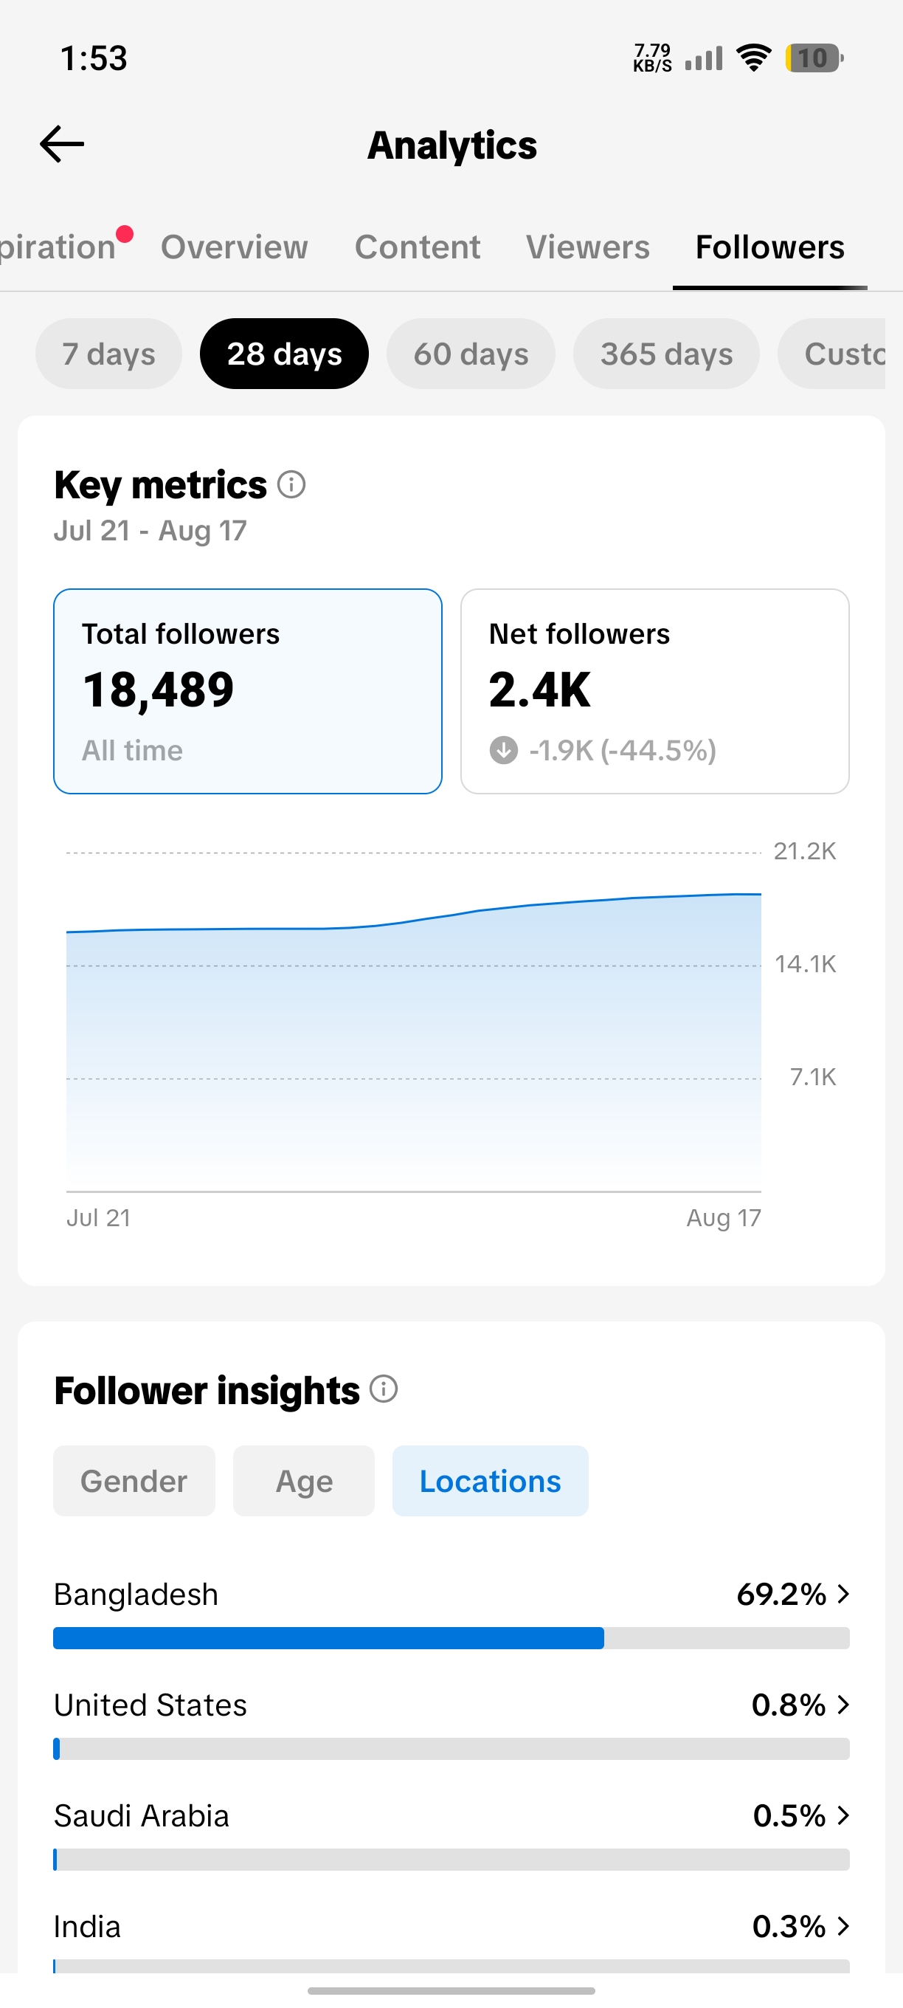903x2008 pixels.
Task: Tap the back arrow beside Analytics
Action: pos(61,144)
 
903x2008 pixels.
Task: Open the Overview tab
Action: pos(235,247)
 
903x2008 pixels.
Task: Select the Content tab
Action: pos(418,247)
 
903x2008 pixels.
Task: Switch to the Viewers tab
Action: pos(587,247)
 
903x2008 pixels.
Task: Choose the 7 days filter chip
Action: pos(109,354)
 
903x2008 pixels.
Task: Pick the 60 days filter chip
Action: pos(471,354)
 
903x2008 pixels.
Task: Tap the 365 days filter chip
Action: pos(666,354)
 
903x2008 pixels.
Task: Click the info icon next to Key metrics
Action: pos(291,485)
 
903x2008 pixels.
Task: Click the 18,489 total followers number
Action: pos(158,690)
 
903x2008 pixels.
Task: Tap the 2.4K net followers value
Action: pos(540,690)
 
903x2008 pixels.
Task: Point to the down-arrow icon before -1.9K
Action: pos(504,751)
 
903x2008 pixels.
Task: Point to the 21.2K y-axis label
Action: pos(805,851)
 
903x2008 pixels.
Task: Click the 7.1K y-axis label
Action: pos(812,1077)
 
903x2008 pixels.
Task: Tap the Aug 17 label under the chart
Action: pos(724,1217)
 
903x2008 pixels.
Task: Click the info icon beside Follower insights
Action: pos(384,1389)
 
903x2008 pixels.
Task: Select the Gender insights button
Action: pos(134,1481)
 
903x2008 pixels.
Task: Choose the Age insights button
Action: pos(304,1481)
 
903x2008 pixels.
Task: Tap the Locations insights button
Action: pos(490,1481)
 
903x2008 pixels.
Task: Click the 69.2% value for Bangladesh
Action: pos(781,1595)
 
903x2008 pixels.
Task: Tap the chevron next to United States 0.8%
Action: pos(843,1705)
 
